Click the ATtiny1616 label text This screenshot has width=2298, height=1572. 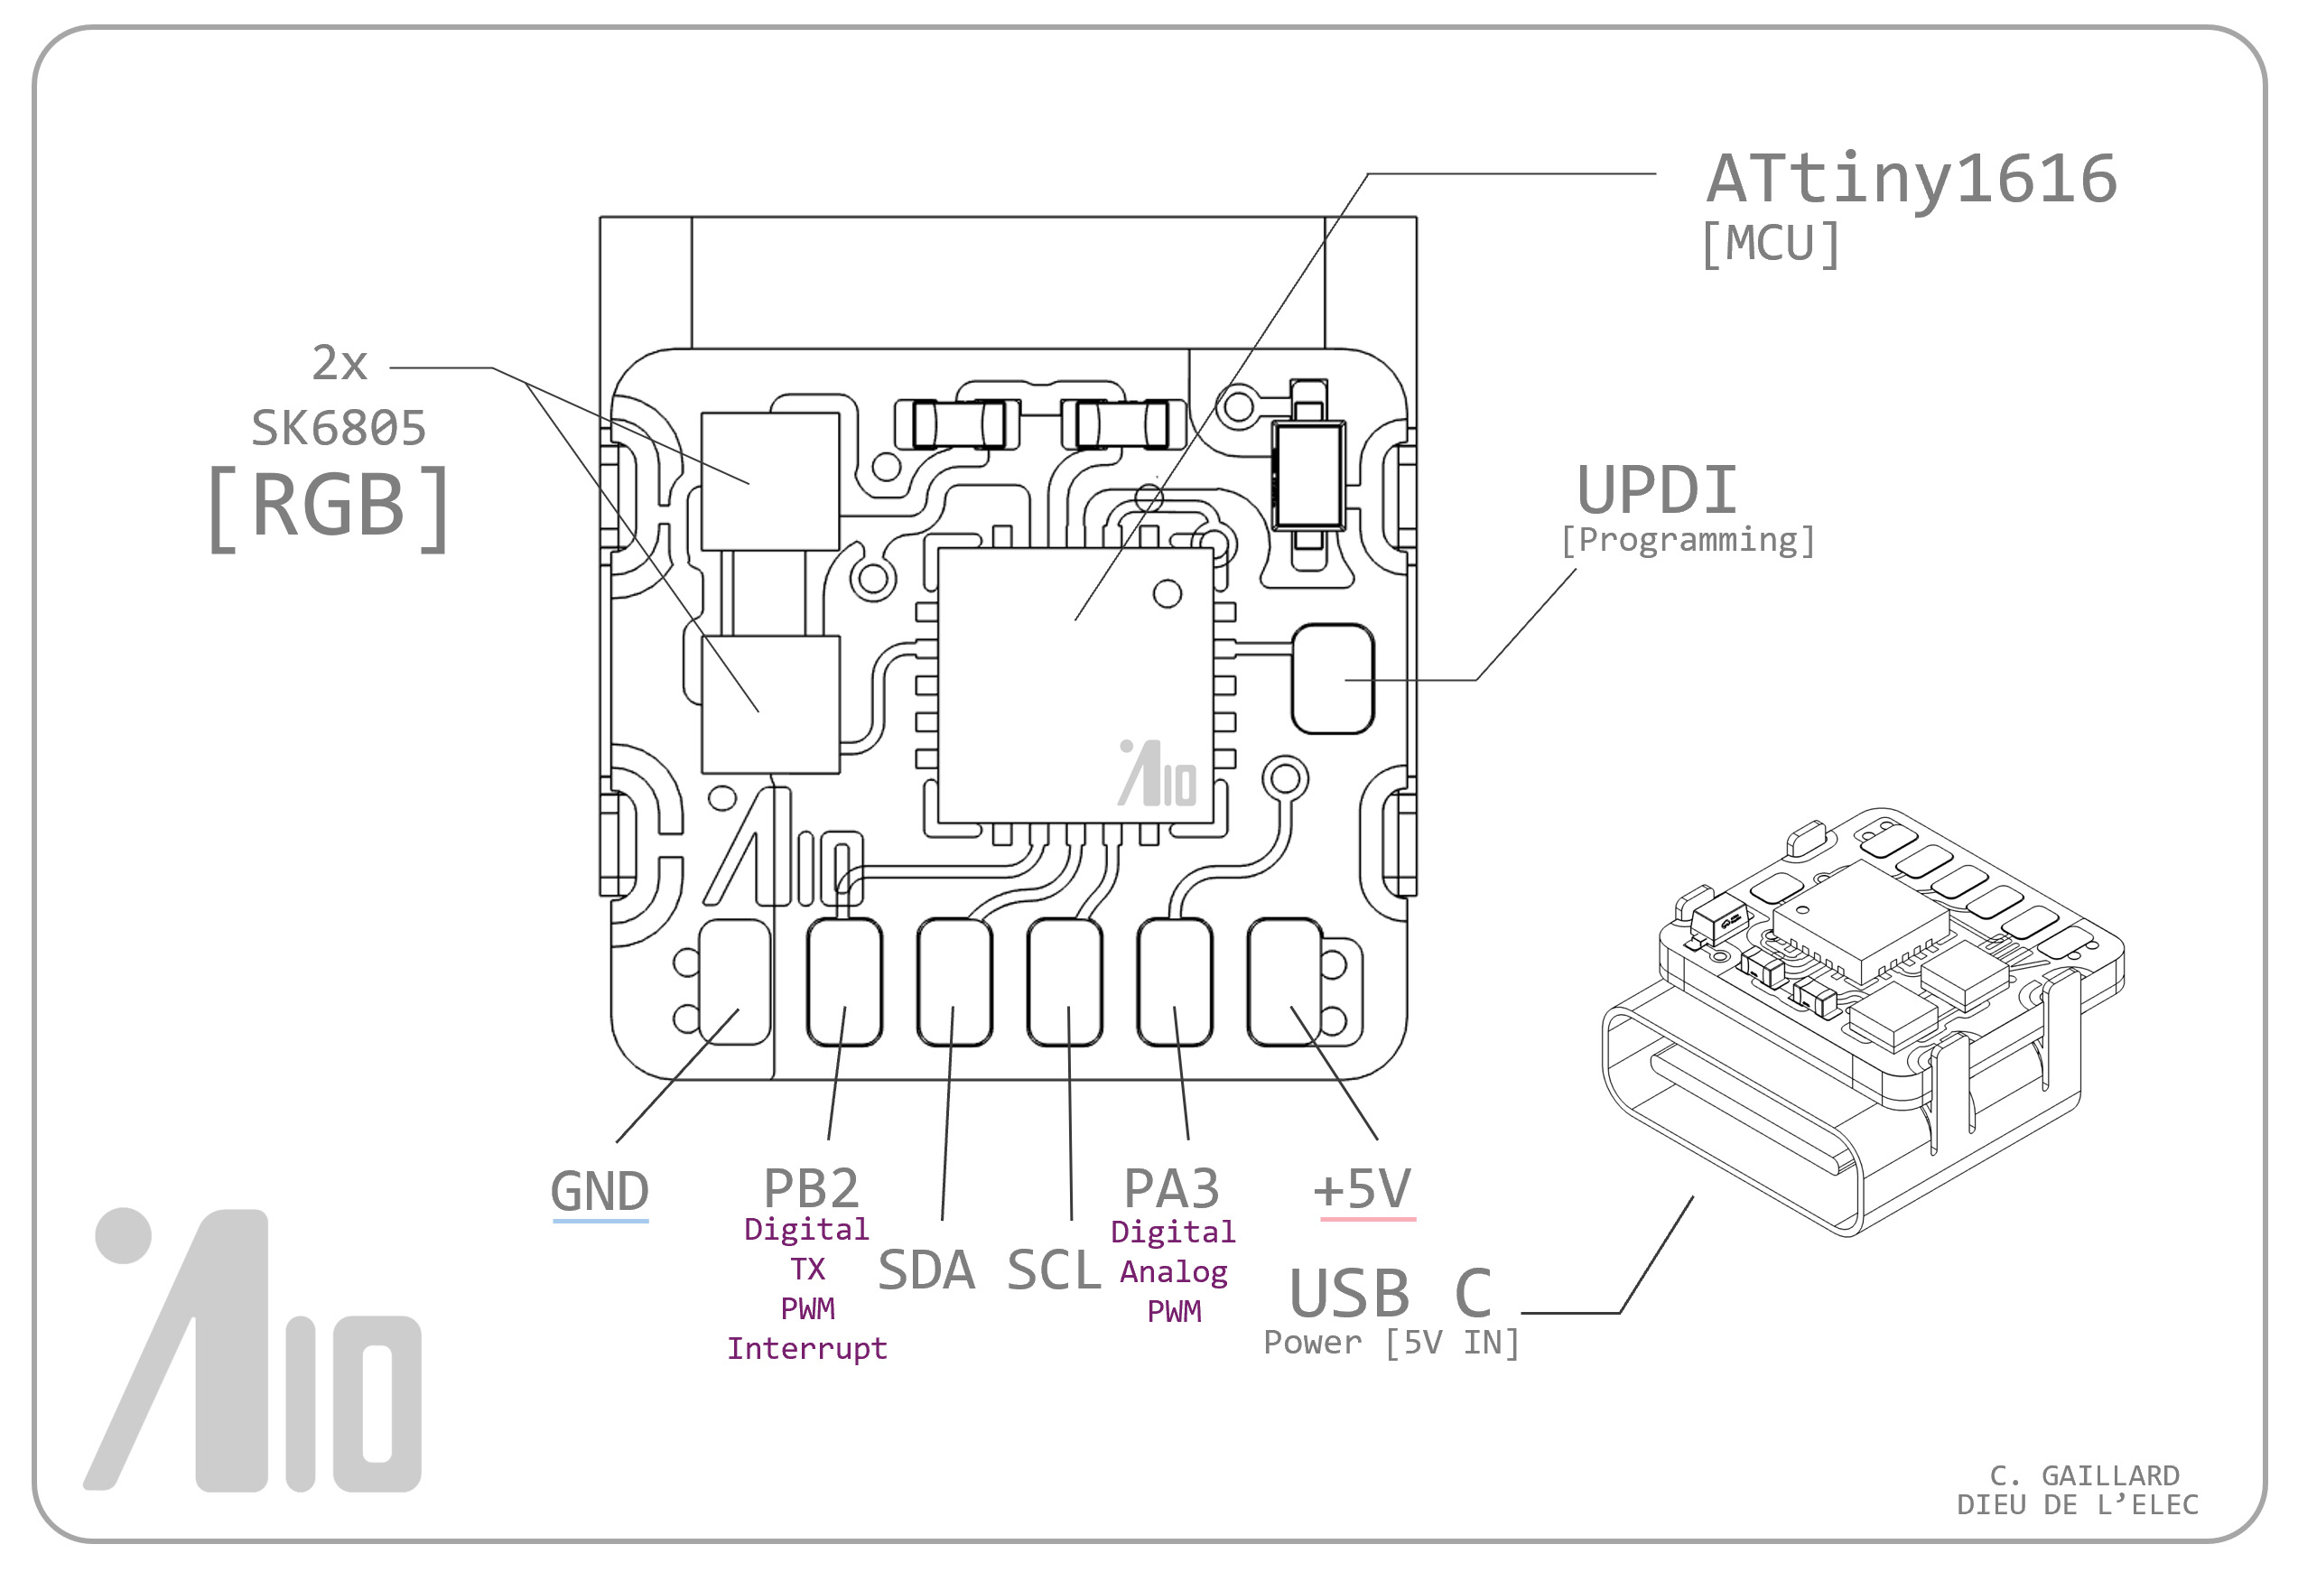(1911, 180)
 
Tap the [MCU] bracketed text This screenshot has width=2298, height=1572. (1770, 243)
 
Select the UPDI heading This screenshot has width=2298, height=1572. (1656, 490)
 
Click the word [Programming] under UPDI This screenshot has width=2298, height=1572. (1687, 540)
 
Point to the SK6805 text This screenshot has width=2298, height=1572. (339, 428)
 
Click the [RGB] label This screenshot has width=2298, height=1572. (329, 507)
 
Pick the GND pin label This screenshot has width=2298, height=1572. (600, 1190)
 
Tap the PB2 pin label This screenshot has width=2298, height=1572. (811, 1187)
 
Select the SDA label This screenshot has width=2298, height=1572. (926, 1270)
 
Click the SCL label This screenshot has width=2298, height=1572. (1053, 1270)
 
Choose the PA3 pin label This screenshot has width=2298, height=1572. (1172, 1187)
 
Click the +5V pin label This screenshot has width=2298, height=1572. (1362, 1188)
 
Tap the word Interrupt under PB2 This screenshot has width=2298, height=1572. (807, 1349)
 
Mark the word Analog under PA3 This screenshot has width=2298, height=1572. (1174, 1272)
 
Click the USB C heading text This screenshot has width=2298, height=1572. (1390, 1293)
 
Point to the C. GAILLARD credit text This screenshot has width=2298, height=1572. (2083, 1476)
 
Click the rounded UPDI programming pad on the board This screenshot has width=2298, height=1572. (1332, 678)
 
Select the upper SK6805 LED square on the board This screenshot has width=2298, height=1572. (769, 481)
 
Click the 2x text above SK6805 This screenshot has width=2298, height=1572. (340, 363)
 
